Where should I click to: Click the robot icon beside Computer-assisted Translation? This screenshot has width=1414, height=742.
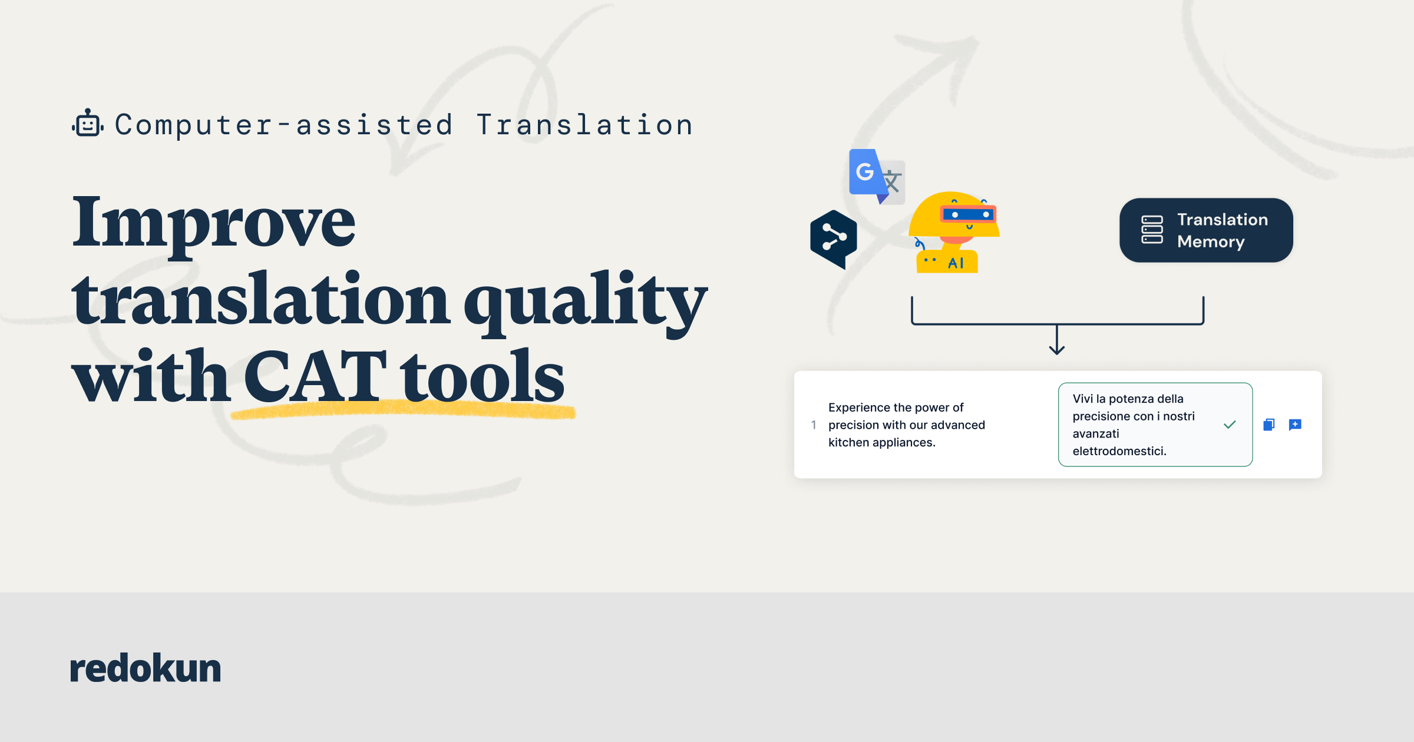coord(88,124)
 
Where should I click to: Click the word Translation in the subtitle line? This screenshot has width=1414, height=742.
coord(584,125)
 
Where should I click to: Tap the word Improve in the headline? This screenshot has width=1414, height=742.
coord(213,223)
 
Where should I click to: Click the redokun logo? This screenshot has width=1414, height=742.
coord(145,668)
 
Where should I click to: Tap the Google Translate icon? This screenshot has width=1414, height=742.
coord(876,176)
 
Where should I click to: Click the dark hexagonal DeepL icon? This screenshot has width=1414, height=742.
coord(833,238)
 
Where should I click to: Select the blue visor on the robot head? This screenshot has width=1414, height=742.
coord(969,214)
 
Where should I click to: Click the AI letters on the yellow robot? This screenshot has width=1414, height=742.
coord(956,263)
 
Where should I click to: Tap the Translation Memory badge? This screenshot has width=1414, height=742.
coord(1205,230)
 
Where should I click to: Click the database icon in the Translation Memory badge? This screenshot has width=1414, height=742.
coord(1152,230)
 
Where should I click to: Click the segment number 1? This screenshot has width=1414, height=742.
coord(814,425)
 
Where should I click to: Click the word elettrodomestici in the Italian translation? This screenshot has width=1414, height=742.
coord(1118,451)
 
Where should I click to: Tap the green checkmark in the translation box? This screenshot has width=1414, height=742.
coord(1230,425)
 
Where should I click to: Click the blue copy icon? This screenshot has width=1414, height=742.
coord(1269,425)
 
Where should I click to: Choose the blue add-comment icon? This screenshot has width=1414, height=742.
coord(1295,425)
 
